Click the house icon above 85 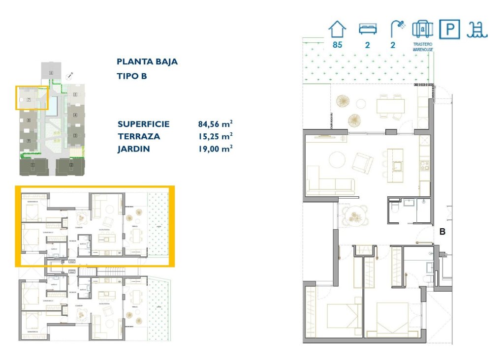(x=337, y=29)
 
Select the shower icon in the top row (x=397, y=29)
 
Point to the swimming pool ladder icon (x=477, y=30)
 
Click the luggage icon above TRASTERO (x=422, y=29)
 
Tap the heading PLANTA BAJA (x=147, y=62)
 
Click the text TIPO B (x=131, y=76)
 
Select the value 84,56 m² (x=215, y=124)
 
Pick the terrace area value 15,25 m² (x=215, y=137)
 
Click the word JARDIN (x=133, y=149)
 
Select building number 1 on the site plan (x=33, y=165)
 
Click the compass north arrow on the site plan (x=70, y=75)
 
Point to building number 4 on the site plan (x=75, y=116)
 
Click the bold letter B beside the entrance (x=442, y=232)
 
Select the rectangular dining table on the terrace (x=391, y=106)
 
